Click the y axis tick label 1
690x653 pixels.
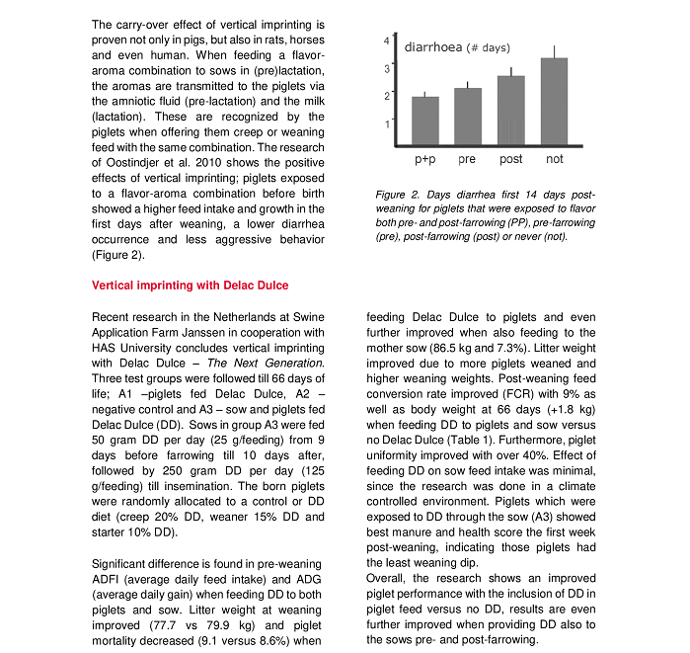pos(386,123)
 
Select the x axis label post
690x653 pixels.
pos(510,159)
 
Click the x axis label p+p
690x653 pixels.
pos(425,159)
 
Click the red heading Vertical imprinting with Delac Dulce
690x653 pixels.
pos(190,286)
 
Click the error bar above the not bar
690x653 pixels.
pos(554,51)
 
